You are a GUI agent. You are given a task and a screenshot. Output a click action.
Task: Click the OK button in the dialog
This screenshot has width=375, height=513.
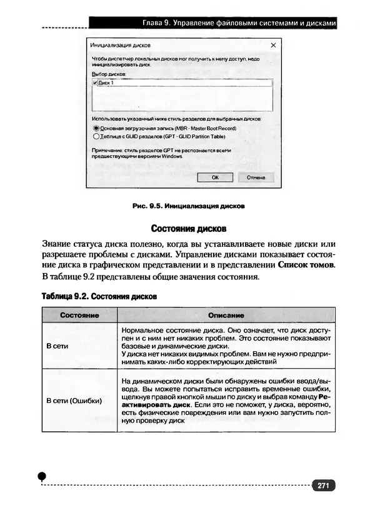215,177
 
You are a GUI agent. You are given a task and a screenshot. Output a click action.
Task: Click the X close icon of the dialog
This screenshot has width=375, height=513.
273,46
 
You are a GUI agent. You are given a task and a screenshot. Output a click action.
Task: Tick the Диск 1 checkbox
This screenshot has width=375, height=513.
94,82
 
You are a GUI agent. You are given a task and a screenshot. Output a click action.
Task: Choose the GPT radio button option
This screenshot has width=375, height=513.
96,136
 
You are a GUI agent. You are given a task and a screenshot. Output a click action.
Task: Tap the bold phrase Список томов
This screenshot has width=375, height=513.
306,265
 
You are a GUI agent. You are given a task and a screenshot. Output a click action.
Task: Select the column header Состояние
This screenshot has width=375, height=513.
79,316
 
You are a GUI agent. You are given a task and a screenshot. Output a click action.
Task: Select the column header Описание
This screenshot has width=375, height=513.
226,316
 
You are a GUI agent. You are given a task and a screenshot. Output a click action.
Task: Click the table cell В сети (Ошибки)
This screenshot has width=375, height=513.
74,401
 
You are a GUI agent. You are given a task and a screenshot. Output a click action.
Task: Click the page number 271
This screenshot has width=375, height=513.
323,486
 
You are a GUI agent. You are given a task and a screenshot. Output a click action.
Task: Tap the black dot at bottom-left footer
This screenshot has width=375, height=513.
42,477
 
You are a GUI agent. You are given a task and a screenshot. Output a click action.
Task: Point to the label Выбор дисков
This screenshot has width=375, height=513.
109,74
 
